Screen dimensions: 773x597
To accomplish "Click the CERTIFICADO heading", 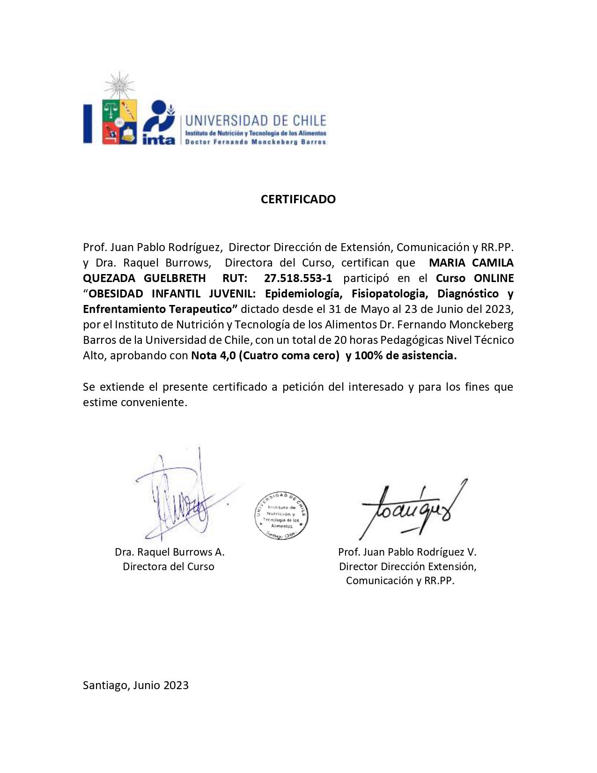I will click(298, 199).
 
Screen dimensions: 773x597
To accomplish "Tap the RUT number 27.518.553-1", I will click(298, 278).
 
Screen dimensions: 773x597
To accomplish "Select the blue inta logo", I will click(159, 123).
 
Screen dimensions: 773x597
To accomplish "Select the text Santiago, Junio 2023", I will click(136, 685).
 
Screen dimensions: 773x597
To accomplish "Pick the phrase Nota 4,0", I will click(213, 356).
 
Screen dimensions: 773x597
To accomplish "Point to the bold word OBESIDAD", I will click(116, 294).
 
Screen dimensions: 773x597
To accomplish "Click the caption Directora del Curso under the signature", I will click(169, 566).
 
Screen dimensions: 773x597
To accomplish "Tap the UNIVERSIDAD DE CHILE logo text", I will click(256, 121).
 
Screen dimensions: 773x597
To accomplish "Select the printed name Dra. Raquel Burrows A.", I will click(170, 552).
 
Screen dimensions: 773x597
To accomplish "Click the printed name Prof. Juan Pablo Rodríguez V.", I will click(407, 552).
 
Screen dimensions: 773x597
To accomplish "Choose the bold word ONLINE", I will click(494, 278).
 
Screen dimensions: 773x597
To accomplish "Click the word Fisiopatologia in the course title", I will click(390, 294).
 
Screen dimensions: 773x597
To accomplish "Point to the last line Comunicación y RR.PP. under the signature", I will click(400, 581).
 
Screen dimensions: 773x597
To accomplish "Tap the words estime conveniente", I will click(135, 402).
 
